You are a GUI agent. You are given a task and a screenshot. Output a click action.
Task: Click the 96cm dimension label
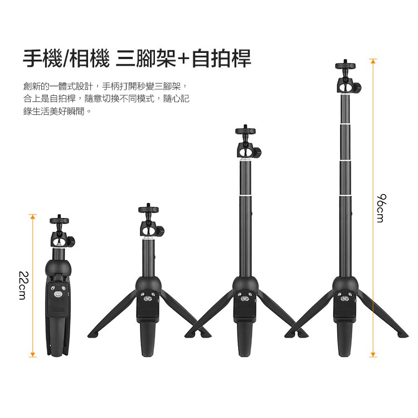(381, 208)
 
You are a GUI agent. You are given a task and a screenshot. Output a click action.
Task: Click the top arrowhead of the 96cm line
(373, 61)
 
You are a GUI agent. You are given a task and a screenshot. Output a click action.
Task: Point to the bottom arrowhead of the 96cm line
(373, 354)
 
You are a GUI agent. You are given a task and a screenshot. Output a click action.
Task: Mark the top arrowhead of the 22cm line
(32, 216)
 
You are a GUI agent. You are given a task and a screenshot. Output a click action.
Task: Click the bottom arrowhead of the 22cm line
(32, 354)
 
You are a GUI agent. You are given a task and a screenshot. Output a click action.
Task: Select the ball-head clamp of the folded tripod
(62, 240)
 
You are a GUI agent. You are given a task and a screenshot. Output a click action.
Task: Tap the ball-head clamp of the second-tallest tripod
(249, 150)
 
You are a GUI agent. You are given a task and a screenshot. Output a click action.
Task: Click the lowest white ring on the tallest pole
(346, 196)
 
